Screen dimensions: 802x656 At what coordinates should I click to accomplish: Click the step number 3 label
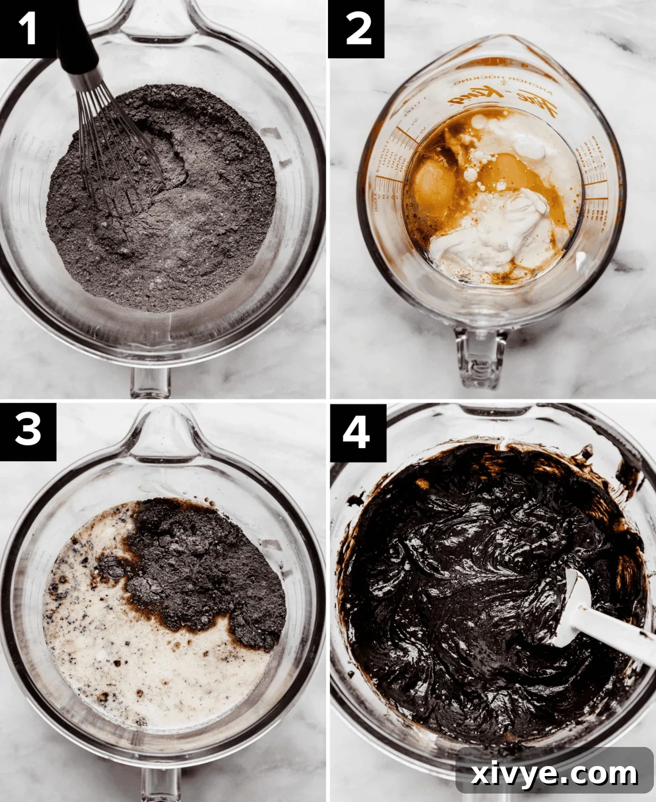coord(28,430)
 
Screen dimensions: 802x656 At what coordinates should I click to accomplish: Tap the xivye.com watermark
coord(554,774)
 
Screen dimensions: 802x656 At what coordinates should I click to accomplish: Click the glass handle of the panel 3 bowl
coord(159,783)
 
